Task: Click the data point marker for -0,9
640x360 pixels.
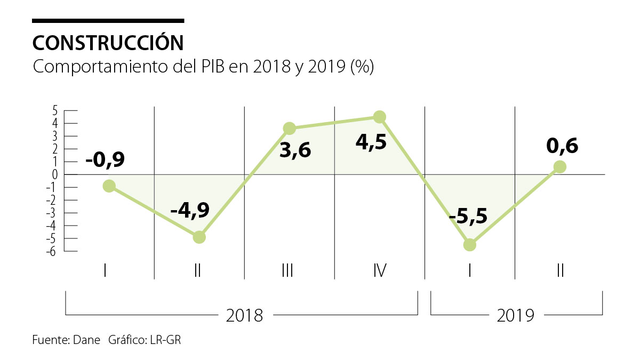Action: pyautogui.click(x=109, y=186)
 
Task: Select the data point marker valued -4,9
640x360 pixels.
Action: pyautogui.click(x=199, y=237)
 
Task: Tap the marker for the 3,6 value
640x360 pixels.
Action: pyautogui.click(x=289, y=128)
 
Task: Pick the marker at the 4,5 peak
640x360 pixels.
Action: pyautogui.click(x=380, y=117)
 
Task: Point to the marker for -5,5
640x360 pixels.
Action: pyautogui.click(x=470, y=245)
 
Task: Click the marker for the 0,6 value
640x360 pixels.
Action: pyautogui.click(x=560, y=166)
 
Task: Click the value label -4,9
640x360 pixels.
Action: pyautogui.click(x=190, y=211)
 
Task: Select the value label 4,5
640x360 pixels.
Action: pyautogui.click(x=371, y=143)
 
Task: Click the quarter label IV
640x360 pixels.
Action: pyautogui.click(x=380, y=271)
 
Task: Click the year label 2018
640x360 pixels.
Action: pyautogui.click(x=244, y=316)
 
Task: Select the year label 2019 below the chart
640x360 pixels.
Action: pyautogui.click(x=515, y=316)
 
